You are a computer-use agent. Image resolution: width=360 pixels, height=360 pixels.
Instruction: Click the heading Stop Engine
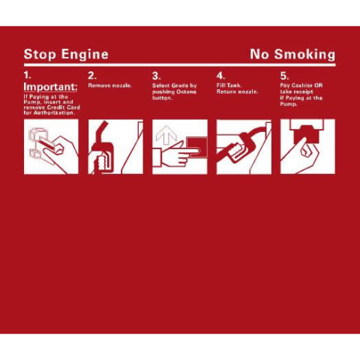[66, 55]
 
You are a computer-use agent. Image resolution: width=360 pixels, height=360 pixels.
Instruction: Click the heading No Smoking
[292, 55]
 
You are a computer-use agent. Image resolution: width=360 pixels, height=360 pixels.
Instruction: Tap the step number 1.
[27, 75]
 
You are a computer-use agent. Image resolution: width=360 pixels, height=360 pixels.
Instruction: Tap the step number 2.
[92, 76]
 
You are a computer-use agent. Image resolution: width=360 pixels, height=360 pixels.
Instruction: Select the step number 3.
[156, 76]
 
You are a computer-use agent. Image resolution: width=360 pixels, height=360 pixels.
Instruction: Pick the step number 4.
[220, 76]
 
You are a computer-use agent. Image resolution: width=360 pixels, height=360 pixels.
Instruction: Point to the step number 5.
[284, 76]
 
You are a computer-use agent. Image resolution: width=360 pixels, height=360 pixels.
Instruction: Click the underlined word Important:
[50, 87]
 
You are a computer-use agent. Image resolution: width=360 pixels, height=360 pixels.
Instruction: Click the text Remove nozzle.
[110, 85]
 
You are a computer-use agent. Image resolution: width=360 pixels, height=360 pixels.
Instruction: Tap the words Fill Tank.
[229, 85]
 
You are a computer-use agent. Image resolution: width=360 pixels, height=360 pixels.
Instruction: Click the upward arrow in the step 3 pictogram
[166, 135]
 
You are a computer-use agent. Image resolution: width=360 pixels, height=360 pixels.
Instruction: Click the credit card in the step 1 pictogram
[46, 145]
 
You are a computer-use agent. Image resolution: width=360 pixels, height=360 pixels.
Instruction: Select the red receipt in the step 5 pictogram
[307, 134]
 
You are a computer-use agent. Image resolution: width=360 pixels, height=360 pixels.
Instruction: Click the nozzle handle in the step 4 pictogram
[238, 150]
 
